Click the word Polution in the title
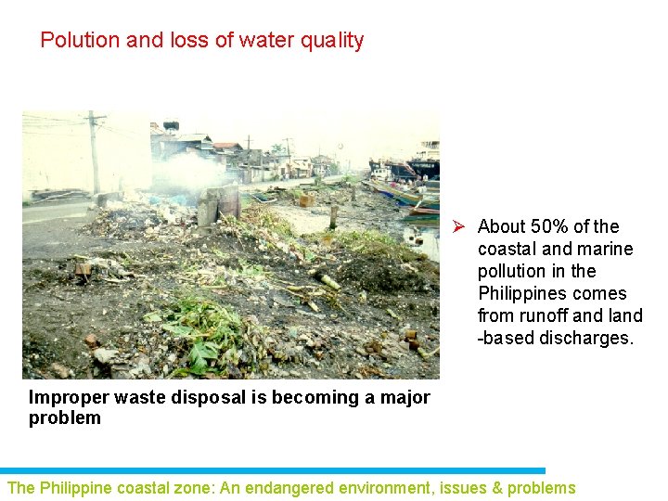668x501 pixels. pos(80,41)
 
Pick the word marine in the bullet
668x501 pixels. pos(605,249)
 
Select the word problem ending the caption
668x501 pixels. pos(64,417)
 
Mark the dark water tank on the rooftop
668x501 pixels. pos(171,125)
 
